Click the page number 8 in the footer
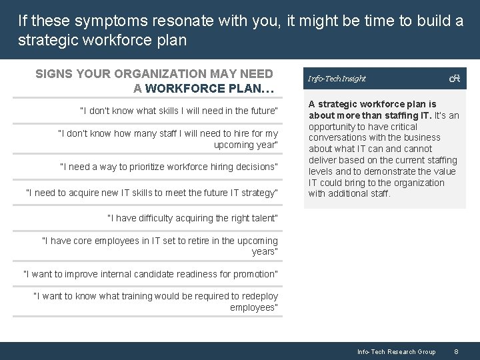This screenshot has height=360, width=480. (x=456, y=351)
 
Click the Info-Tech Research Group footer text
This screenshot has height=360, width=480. (x=396, y=351)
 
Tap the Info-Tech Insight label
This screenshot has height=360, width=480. (x=337, y=79)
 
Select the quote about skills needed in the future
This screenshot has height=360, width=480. (x=179, y=111)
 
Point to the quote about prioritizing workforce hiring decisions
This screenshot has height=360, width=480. (x=169, y=167)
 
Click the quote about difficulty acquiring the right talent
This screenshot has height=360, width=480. (x=193, y=218)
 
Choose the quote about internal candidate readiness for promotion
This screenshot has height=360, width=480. (x=151, y=274)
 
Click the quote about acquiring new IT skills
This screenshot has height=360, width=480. (x=151, y=193)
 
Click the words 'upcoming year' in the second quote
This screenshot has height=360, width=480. (x=245, y=145)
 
